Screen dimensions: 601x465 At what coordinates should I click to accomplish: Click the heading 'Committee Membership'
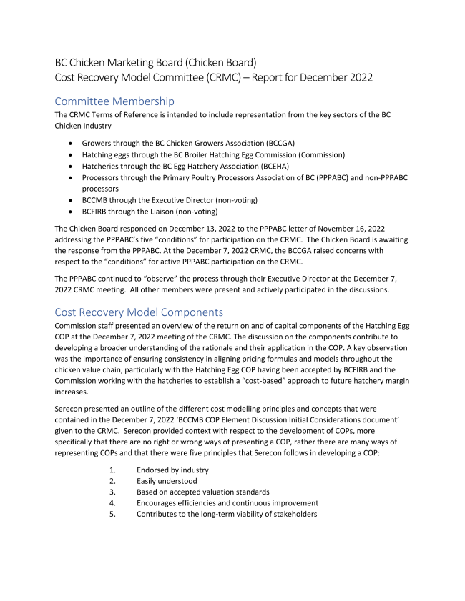[x=114, y=101]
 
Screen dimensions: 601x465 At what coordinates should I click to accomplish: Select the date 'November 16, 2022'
[x=334, y=228]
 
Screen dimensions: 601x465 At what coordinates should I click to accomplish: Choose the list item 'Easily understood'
[x=169, y=480]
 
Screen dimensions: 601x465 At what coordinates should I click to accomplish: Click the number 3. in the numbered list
[x=112, y=492]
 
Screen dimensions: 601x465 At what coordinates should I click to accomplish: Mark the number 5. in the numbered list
[x=112, y=515]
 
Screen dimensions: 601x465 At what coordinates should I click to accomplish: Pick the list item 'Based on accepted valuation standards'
[x=204, y=492]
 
